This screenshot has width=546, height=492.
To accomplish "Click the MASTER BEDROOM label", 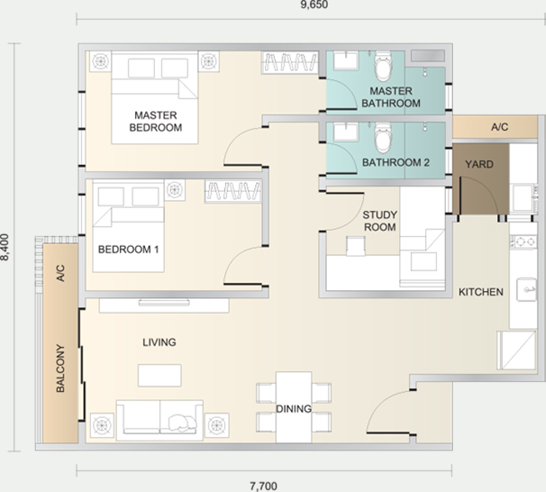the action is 156,121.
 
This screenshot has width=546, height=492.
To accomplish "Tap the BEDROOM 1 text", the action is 128,249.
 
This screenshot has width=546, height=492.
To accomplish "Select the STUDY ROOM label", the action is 379,221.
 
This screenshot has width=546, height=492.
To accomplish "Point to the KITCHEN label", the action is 480,292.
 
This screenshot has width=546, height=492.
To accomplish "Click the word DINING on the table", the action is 293,409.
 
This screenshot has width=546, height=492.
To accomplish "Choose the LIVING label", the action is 159,342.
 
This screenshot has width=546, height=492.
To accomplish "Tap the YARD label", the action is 479,164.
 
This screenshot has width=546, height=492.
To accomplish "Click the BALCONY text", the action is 61,369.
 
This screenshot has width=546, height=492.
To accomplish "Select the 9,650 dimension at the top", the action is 314,4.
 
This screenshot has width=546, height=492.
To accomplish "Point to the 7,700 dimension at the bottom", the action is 263,485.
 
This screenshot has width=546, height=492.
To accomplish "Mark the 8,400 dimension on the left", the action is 4,247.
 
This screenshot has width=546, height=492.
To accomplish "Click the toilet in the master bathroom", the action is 383,65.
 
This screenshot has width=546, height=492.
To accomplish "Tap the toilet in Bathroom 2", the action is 383,138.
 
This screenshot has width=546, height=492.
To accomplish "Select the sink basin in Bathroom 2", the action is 345,133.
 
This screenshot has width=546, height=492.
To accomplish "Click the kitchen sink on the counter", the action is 526,289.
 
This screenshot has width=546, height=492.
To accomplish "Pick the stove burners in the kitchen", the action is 523,242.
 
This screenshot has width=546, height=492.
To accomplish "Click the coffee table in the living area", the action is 159,375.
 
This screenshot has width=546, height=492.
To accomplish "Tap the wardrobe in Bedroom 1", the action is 233,191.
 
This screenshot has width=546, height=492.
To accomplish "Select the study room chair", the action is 356,246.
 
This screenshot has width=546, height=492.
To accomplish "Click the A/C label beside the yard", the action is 499,128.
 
